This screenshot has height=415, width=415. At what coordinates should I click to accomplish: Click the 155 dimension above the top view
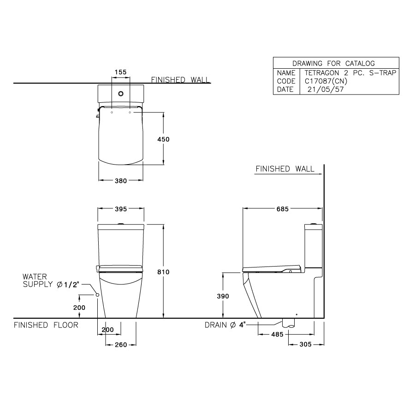[120, 72]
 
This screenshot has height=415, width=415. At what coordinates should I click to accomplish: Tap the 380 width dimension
[120, 181]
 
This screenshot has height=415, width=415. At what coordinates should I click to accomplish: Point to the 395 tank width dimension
[120, 209]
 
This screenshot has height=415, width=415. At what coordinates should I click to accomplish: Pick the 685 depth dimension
[282, 209]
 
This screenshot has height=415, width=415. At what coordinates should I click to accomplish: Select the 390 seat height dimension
[223, 296]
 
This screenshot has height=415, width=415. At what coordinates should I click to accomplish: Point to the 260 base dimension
[120, 344]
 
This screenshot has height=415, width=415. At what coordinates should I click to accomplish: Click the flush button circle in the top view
[121, 93]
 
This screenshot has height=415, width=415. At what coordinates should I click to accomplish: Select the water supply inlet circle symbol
[98, 295]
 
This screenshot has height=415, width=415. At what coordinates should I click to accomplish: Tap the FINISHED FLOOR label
[46, 325]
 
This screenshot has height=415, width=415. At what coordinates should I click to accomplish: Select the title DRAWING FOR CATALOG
[333, 64]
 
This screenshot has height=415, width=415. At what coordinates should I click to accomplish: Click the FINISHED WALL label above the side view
[285, 169]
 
